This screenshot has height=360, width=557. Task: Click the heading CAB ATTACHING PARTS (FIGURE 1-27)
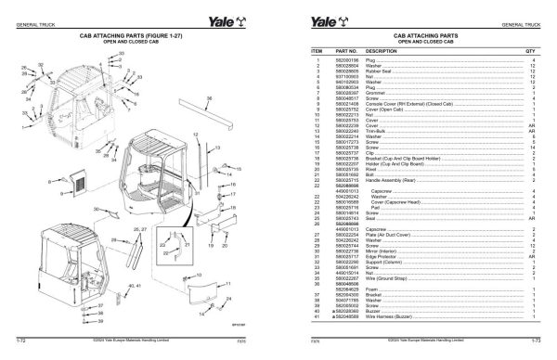click(x=139, y=33)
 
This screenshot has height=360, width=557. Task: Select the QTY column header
click(x=532, y=52)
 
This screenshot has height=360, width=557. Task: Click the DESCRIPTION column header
click(x=382, y=52)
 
